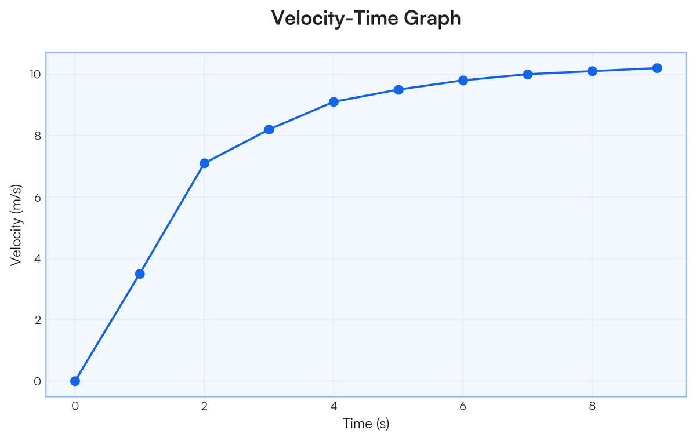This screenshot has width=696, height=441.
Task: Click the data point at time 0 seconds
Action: [75, 381]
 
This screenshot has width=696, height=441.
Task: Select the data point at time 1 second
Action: [140, 274]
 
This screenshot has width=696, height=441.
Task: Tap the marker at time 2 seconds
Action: [204, 163]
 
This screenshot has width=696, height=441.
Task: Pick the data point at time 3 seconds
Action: [269, 130]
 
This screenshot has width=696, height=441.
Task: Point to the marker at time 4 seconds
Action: [333, 102]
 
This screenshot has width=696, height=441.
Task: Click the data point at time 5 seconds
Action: [398, 90]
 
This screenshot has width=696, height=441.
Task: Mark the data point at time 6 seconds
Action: [463, 81]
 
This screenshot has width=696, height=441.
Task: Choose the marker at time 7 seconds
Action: [528, 74]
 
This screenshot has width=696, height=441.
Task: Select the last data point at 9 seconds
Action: [657, 68]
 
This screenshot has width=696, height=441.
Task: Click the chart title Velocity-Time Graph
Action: [366, 19]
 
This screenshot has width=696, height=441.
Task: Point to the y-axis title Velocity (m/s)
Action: [16, 225]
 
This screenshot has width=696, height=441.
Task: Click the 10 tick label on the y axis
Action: [35, 75]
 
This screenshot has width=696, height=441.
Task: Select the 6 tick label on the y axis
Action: [38, 197]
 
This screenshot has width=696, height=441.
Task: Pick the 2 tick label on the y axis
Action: [38, 320]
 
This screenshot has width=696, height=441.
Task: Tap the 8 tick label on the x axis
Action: [592, 406]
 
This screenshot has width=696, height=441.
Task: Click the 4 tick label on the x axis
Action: [333, 406]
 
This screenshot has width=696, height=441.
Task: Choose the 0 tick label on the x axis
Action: [75, 406]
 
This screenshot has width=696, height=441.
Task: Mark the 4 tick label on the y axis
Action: [38, 258]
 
